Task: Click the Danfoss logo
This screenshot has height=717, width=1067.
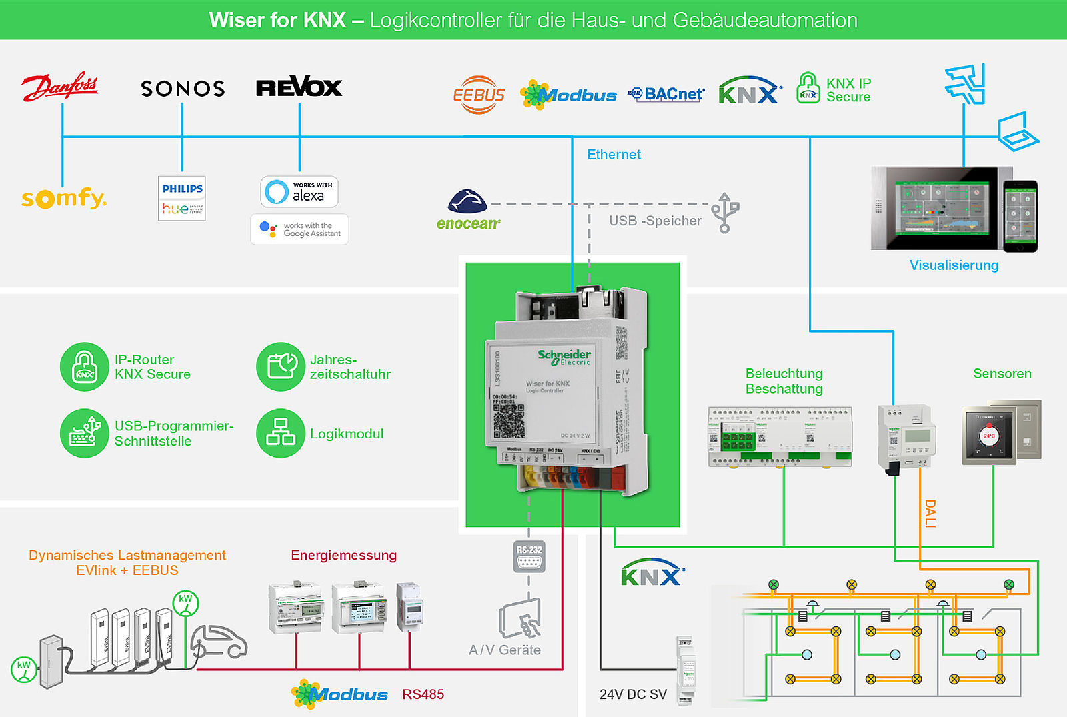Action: pos(60,87)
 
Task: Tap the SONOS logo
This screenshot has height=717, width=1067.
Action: pos(183,89)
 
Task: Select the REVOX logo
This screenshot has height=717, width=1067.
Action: pos(299,87)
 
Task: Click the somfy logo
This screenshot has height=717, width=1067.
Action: pos(63,198)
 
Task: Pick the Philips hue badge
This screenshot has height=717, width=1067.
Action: pos(182,198)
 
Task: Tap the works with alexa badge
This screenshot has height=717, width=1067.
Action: pos(299,192)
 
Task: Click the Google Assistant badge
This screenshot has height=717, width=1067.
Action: pos(299,229)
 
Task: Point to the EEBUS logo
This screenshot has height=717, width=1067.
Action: pos(479,95)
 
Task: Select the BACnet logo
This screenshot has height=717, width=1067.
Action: pos(666,95)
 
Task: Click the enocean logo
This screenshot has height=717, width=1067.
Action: pos(468,211)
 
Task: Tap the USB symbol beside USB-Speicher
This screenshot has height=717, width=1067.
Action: pos(724,213)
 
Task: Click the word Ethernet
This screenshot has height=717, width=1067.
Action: pos(614,155)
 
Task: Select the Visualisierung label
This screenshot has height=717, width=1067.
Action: pos(954,265)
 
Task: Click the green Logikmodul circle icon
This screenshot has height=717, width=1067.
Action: pos(281,433)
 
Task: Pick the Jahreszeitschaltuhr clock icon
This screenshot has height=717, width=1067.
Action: pos(281,366)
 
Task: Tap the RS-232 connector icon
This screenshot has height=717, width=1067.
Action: pos(529,557)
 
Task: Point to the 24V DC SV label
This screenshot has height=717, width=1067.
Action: pos(633,694)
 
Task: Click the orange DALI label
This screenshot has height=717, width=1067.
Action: pos(930,514)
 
